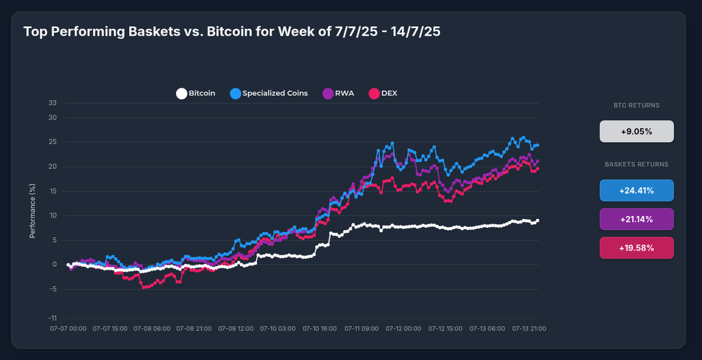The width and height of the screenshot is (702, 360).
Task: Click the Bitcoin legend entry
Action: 196,93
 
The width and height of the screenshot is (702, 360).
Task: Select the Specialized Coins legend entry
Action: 269,93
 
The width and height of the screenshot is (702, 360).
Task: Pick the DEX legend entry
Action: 383,93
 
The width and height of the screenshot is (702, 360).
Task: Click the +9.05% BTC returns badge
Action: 636,132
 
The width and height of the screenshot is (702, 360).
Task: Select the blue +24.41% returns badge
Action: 636,190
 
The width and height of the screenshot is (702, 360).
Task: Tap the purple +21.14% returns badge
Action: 636,219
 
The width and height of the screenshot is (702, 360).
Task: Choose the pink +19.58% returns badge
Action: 636,248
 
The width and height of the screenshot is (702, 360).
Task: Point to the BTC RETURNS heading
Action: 636,106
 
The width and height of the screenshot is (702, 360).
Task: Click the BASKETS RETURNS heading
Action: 636,164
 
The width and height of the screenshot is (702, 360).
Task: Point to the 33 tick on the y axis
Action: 53,103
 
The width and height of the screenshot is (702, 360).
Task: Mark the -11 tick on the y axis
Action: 53,318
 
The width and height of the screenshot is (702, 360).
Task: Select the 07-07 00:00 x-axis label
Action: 68,329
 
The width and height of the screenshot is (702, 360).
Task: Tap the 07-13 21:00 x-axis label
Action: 529,329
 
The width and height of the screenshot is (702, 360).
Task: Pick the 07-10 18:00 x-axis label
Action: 319,329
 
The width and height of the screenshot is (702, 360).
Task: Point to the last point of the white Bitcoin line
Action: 538,221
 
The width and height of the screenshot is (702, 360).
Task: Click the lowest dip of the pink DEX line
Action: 143,287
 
